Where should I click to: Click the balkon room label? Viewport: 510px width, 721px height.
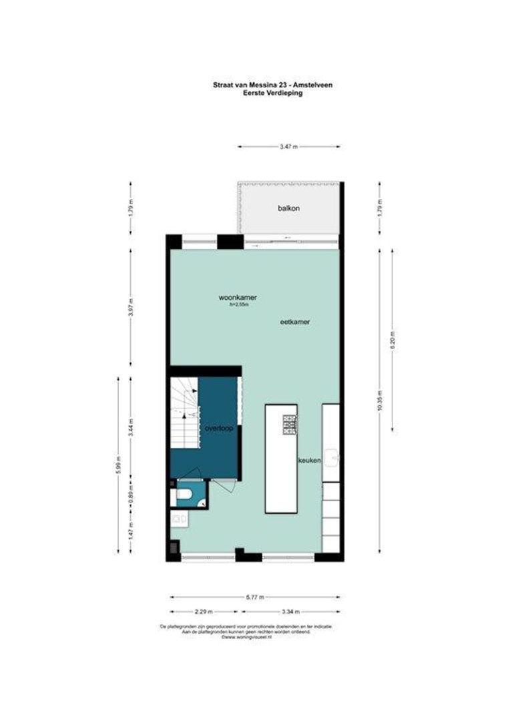click(x=288, y=208)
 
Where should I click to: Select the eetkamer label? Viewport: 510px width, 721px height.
click(x=295, y=321)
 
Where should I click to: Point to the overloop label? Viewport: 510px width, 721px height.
click(x=219, y=429)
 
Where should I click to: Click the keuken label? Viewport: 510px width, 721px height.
click(x=310, y=461)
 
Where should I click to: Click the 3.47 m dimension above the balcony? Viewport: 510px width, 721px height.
click(x=288, y=147)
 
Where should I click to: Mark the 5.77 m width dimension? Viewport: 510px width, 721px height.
click(x=255, y=597)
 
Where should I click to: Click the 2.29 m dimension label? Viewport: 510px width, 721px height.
click(x=204, y=612)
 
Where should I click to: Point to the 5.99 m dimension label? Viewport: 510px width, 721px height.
click(x=119, y=464)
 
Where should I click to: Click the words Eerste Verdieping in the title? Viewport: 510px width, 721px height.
click(x=273, y=93)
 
